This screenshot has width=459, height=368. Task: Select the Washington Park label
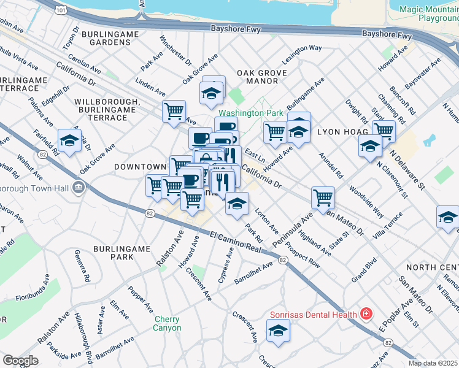[250, 113]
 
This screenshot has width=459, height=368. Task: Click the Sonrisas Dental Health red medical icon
[366, 315]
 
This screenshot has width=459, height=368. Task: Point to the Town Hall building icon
[78, 187]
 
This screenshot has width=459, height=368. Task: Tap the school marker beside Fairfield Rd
[69, 141]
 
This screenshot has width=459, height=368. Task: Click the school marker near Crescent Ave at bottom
[278, 331]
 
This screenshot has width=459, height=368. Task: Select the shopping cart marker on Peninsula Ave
[323, 197]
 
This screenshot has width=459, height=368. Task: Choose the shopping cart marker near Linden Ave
[174, 112]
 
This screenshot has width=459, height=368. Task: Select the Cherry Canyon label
[167, 323]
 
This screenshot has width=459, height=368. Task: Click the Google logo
[20, 360]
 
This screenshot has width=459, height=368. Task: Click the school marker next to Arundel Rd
[370, 146]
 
